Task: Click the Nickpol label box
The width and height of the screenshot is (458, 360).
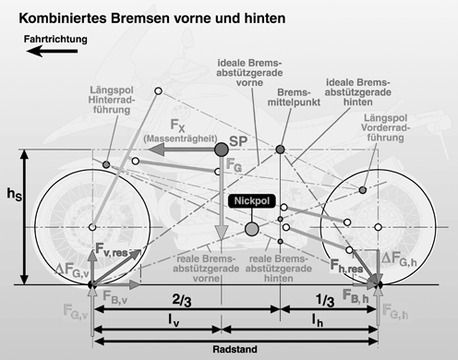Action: coord(250,200)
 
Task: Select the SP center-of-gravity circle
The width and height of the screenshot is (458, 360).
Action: coord(222,150)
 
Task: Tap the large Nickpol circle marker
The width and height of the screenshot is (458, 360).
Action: coord(251,228)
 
